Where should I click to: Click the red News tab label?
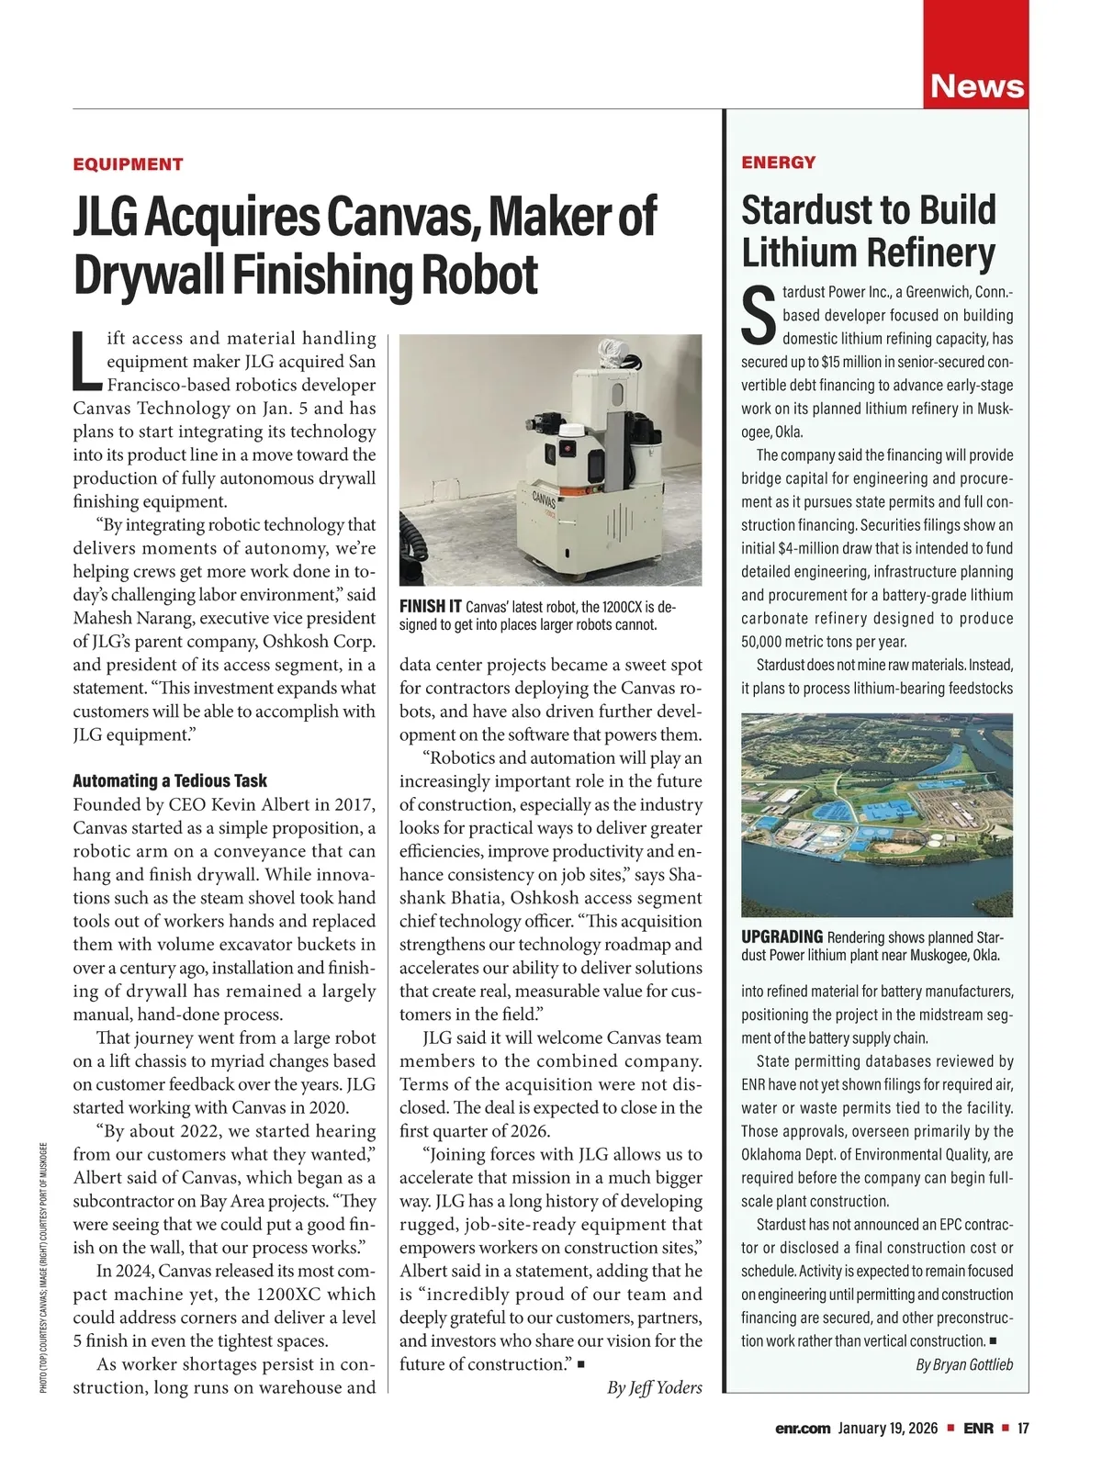pos(976,86)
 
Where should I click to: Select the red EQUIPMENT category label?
pos(128,164)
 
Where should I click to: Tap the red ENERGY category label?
pos(778,163)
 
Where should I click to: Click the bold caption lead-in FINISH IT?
pos(431,607)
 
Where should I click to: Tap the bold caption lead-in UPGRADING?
pos(782,936)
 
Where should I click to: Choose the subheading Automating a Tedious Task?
pos(170,780)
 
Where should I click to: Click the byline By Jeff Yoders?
pos(654,1387)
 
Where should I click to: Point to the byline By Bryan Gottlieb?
pos(964,1364)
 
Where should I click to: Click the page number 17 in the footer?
pos(1022,1428)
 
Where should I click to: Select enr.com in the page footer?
pos(803,1428)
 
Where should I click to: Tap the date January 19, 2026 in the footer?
pos(888,1428)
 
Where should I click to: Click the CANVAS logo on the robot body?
pos(545,504)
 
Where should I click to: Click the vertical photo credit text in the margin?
pos(44,1266)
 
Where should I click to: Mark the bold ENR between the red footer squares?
pos(977,1428)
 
